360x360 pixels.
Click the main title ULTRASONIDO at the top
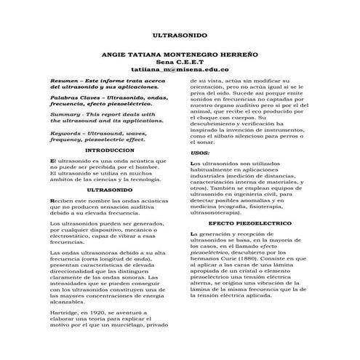pos(180,34)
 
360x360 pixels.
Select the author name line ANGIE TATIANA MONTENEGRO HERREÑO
pos(180,55)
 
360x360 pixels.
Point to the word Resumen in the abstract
pos(60,81)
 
